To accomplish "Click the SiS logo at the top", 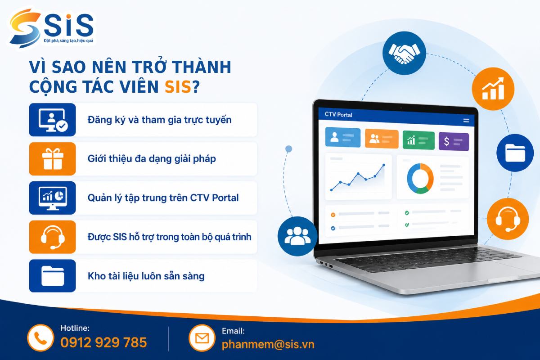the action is (x=52, y=28).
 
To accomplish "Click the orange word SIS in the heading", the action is (x=178, y=86).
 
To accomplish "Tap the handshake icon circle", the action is (x=404, y=53).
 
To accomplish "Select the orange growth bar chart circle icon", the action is (x=493, y=89).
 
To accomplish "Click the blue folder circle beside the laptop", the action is (x=515, y=153).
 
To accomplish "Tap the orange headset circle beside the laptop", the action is (x=508, y=219).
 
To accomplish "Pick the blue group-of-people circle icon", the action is (x=297, y=236).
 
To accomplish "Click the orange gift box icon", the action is (x=53, y=159).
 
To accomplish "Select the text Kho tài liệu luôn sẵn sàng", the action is (x=146, y=276).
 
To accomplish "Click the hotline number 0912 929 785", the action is (x=103, y=342).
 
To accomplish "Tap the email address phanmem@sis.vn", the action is (x=268, y=344).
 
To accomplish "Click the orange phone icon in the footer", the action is (x=40, y=338).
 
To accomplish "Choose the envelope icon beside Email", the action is (x=202, y=338).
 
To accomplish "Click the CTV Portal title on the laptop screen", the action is (x=338, y=115).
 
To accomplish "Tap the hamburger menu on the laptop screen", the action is (x=466, y=121).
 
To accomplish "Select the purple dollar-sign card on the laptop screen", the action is (x=454, y=142).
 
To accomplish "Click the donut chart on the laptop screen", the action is (x=420, y=179).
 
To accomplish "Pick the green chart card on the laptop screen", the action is (x=418, y=140).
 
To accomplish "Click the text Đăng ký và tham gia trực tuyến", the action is (x=160, y=120).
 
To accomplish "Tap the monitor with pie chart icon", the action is (x=53, y=198).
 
